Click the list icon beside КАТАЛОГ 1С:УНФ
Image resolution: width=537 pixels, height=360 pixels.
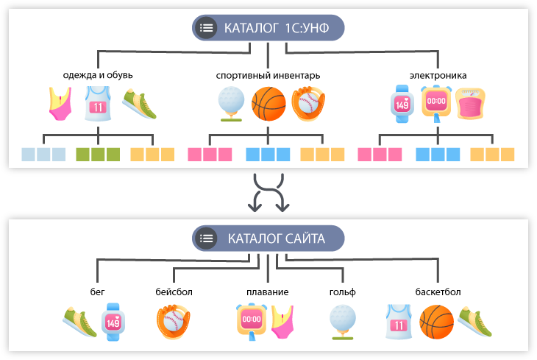(x=207, y=28)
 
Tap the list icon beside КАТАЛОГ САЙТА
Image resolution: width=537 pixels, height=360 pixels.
(x=207, y=238)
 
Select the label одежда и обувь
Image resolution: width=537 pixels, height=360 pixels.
(x=98, y=75)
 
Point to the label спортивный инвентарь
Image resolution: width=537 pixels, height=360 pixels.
(x=268, y=75)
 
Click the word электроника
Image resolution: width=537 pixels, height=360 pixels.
(x=438, y=75)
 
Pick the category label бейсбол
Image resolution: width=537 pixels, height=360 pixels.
(x=174, y=292)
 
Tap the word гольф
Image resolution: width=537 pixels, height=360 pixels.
(x=343, y=292)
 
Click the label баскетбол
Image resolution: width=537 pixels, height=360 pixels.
(x=437, y=292)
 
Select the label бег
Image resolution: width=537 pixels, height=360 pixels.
(x=98, y=292)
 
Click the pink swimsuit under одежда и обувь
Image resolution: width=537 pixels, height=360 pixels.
(x=61, y=104)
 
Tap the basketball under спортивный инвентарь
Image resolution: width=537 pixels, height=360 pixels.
(x=268, y=104)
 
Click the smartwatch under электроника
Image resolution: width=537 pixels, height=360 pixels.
(x=402, y=104)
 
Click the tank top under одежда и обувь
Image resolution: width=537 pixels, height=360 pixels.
(x=98, y=104)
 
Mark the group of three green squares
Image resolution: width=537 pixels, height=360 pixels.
(x=98, y=155)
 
